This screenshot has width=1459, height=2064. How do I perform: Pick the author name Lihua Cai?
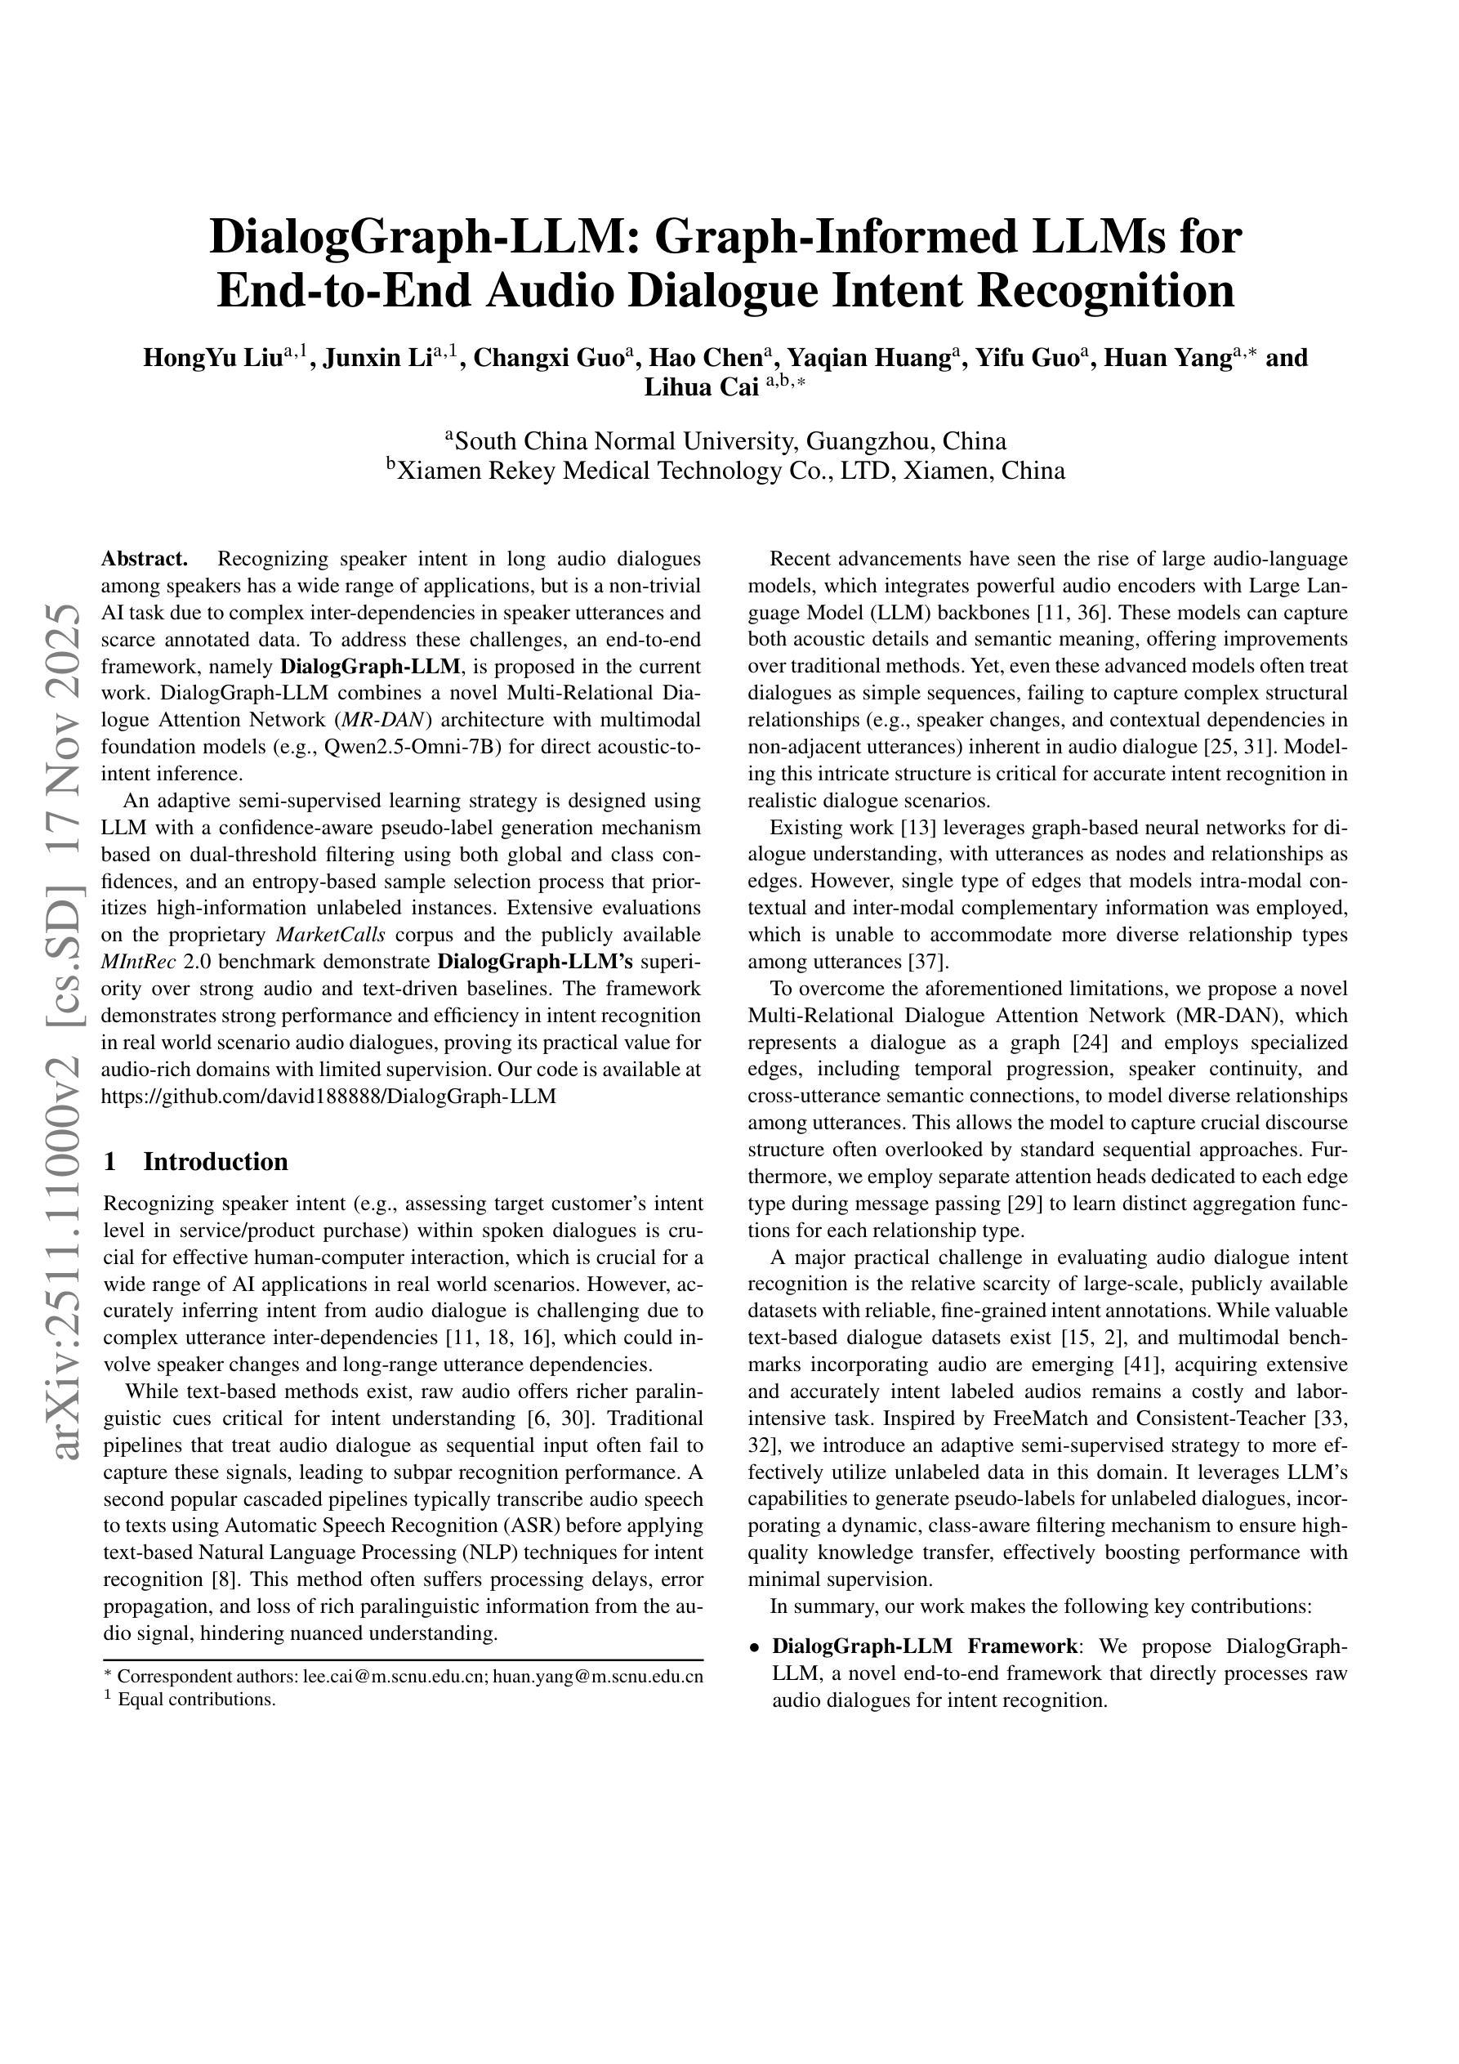pos(701,387)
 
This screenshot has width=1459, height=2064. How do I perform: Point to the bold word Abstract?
pos(144,559)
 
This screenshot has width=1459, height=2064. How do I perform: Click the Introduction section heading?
pos(216,1161)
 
